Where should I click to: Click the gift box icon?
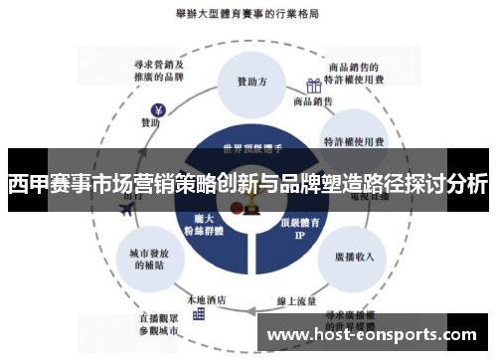pyautogui.click(x=313, y=86)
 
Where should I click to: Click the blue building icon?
pyautogui.click(x=199, y=312)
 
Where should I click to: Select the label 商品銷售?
pyautogui.click(x=314, y=101)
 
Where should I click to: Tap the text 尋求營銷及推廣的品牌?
pyautogui.click(x=159, y=68)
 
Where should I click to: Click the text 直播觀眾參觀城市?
pyautogui.click(x=160, y=324)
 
